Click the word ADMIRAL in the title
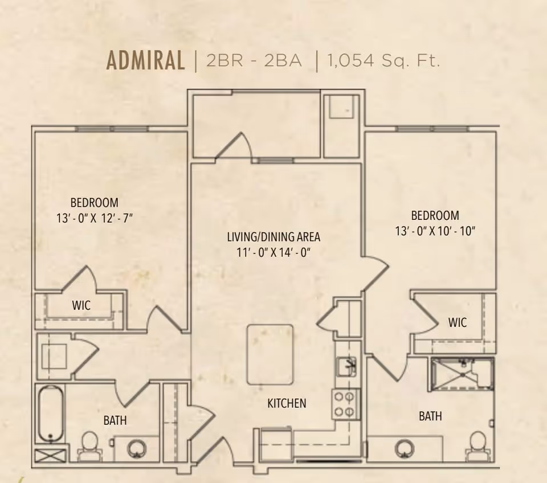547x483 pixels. pos(145,60)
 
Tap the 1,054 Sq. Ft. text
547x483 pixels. pos(383,61)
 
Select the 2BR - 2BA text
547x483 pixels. pos(254,61)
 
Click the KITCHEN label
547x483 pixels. pos(287,403)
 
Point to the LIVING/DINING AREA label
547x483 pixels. pos(273,237)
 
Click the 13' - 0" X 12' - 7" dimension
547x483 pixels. pos(95,219)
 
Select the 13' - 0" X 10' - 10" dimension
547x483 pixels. pos(435,231)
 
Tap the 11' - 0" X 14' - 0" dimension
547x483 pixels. pos(273,252)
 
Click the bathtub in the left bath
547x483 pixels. pos(51,414)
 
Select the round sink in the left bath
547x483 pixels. pos(136,448)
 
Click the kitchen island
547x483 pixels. pos(270,354)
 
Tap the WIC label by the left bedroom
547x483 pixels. pos(81,305)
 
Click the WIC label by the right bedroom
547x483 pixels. pos(458,322)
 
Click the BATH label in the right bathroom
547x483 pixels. pos(431,416)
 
